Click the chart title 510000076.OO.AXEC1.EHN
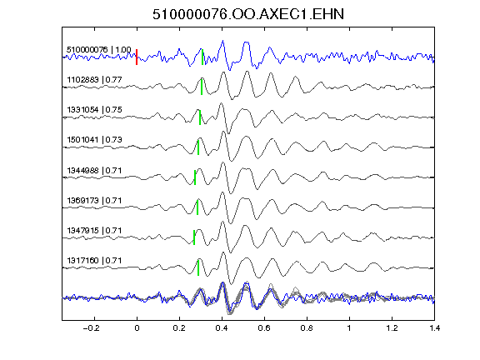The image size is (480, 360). point(248,14)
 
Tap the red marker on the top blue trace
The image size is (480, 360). point(137,57)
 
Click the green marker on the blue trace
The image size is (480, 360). point(202,57)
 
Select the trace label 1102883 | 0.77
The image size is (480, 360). point(95,80)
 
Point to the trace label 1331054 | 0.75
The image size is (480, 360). point(95,110)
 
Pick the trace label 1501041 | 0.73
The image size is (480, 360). point(95,140)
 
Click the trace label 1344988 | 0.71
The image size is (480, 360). point(95,170)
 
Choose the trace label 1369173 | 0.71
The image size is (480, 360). point(95,201)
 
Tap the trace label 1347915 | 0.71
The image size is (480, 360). point(95,231)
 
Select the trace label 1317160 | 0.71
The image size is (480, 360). point(95,261)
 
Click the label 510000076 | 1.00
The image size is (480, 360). point(99,50)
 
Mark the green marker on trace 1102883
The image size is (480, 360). point(202,87)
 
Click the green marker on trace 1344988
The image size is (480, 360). point(195,177)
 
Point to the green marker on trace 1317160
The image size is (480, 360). point(198,267)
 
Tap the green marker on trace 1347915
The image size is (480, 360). point(194,237)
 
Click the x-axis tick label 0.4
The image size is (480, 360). point(222,328)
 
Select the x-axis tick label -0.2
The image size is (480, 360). point(91,328)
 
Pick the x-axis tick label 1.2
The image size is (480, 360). point(392,328)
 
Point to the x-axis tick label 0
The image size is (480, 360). point(137,328)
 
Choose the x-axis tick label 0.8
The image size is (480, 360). point(307,328)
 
